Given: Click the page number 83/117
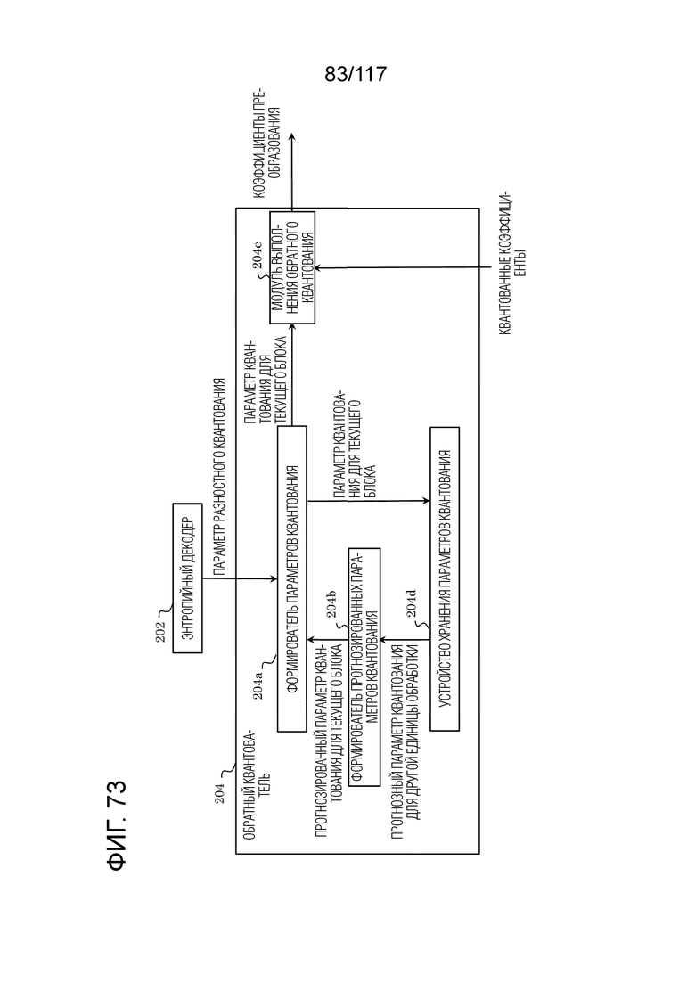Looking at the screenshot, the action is [x=356, y=75].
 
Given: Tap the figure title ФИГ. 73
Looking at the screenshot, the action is [x=118, y=825].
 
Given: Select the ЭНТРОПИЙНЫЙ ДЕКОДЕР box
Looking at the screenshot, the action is [x=187, y=578].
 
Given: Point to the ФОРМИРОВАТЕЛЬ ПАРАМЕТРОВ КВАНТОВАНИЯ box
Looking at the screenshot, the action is [x=291, y=578].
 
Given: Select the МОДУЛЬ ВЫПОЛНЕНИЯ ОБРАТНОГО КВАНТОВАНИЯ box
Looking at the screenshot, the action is [x=292, y=267].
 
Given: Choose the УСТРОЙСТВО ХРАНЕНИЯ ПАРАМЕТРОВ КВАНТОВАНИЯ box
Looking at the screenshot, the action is [x=445, y=578].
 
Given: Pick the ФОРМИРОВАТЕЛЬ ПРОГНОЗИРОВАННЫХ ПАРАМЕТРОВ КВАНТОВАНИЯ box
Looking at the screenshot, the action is [x=364, y=667].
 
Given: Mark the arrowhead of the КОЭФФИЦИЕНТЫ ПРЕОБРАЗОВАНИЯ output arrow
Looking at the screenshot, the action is [x=292, y=137].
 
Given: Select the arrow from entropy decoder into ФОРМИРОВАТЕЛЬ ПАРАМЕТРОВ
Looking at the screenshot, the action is [x=240, y=578].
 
